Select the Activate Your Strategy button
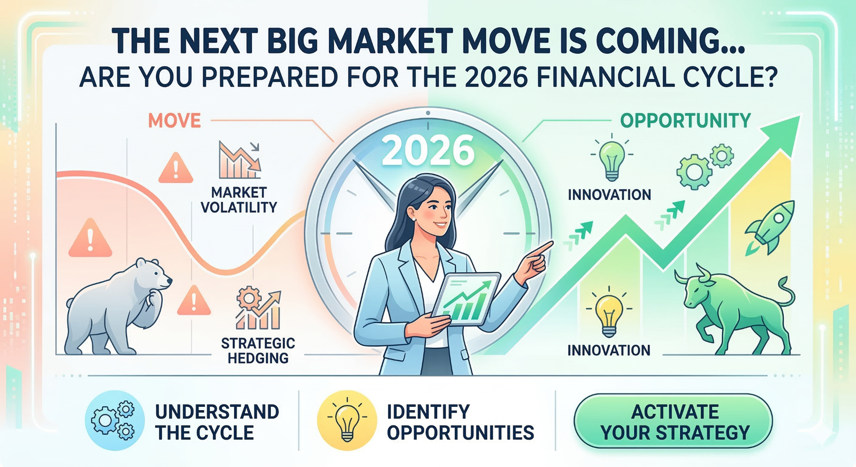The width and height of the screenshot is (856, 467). click(673, 421)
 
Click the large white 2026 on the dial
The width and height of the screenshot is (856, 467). click(428, 151)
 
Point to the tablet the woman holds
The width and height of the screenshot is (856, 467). click(465, 299)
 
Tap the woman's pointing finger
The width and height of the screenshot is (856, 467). click(543, 248)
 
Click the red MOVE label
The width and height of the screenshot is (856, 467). click(174, 121)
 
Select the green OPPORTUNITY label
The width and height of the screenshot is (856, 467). click(685, 121)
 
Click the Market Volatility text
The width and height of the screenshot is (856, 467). click(239, 200)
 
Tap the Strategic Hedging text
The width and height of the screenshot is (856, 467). click(258, 351)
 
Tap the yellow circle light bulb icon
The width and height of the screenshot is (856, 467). click(347, 421)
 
